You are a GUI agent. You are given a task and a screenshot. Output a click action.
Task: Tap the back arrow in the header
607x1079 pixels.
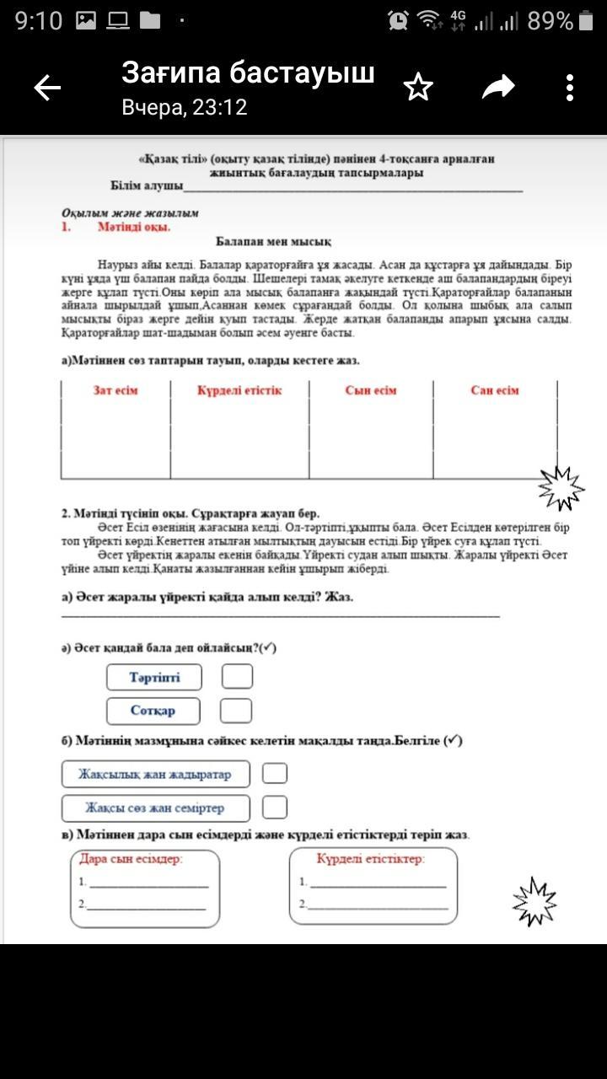pyautogui.click(x=47, y=88)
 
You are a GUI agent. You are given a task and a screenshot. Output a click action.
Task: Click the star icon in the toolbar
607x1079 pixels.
pyautogui.click(x=418, y=87)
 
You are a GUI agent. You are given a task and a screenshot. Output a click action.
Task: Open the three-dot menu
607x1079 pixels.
pyautogui.click(x=571, y=88)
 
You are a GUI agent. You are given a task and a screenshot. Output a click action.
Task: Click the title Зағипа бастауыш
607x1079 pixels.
pyautogui.click(x=248, y=73)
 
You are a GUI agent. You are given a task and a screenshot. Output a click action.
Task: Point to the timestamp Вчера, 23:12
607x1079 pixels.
pyautogui.click(x=184, y=108)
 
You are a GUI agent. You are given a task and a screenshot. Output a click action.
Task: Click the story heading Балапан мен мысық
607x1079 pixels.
pyautogui.click(x=273, y=241)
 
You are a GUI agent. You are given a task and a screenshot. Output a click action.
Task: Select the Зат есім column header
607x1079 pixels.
pyautogui.click(x=115, y=390)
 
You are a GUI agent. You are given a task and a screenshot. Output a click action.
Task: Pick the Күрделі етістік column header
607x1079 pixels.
pyautogui.click(x=239, y=390)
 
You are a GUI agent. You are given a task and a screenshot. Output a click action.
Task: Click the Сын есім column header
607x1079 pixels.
pyautogui.click(x=371, y=390)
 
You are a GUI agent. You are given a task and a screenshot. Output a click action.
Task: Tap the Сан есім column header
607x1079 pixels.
pyautogui.click(x=495, y=390)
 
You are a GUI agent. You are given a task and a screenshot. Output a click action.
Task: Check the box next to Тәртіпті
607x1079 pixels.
pyautogui.click(x=237, y=677)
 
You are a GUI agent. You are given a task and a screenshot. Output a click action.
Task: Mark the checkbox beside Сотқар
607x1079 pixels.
pyautogui.click(x=236, y=711)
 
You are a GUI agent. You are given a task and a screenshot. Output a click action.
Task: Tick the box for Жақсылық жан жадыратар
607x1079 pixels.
pyautogui.click(x=275, y=773)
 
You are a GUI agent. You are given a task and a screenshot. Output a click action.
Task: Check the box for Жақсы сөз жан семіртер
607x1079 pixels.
pyautogui.click(x=275, y=808)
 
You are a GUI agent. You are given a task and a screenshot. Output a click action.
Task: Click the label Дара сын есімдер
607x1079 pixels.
pyautogui.click(x=131, y=860)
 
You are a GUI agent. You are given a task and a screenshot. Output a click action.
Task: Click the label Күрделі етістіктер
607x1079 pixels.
pyautogui.click(x=371, y=859)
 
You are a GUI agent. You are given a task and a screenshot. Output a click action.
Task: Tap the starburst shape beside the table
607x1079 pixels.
pyautogui.click(x=561, y=488)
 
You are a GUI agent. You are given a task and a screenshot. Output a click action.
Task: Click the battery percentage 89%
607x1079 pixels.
pyautogui.click(x=551, y=21)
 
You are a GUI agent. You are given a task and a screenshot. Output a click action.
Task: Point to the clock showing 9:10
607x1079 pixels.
pyautogui.click(x=39, y=21)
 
